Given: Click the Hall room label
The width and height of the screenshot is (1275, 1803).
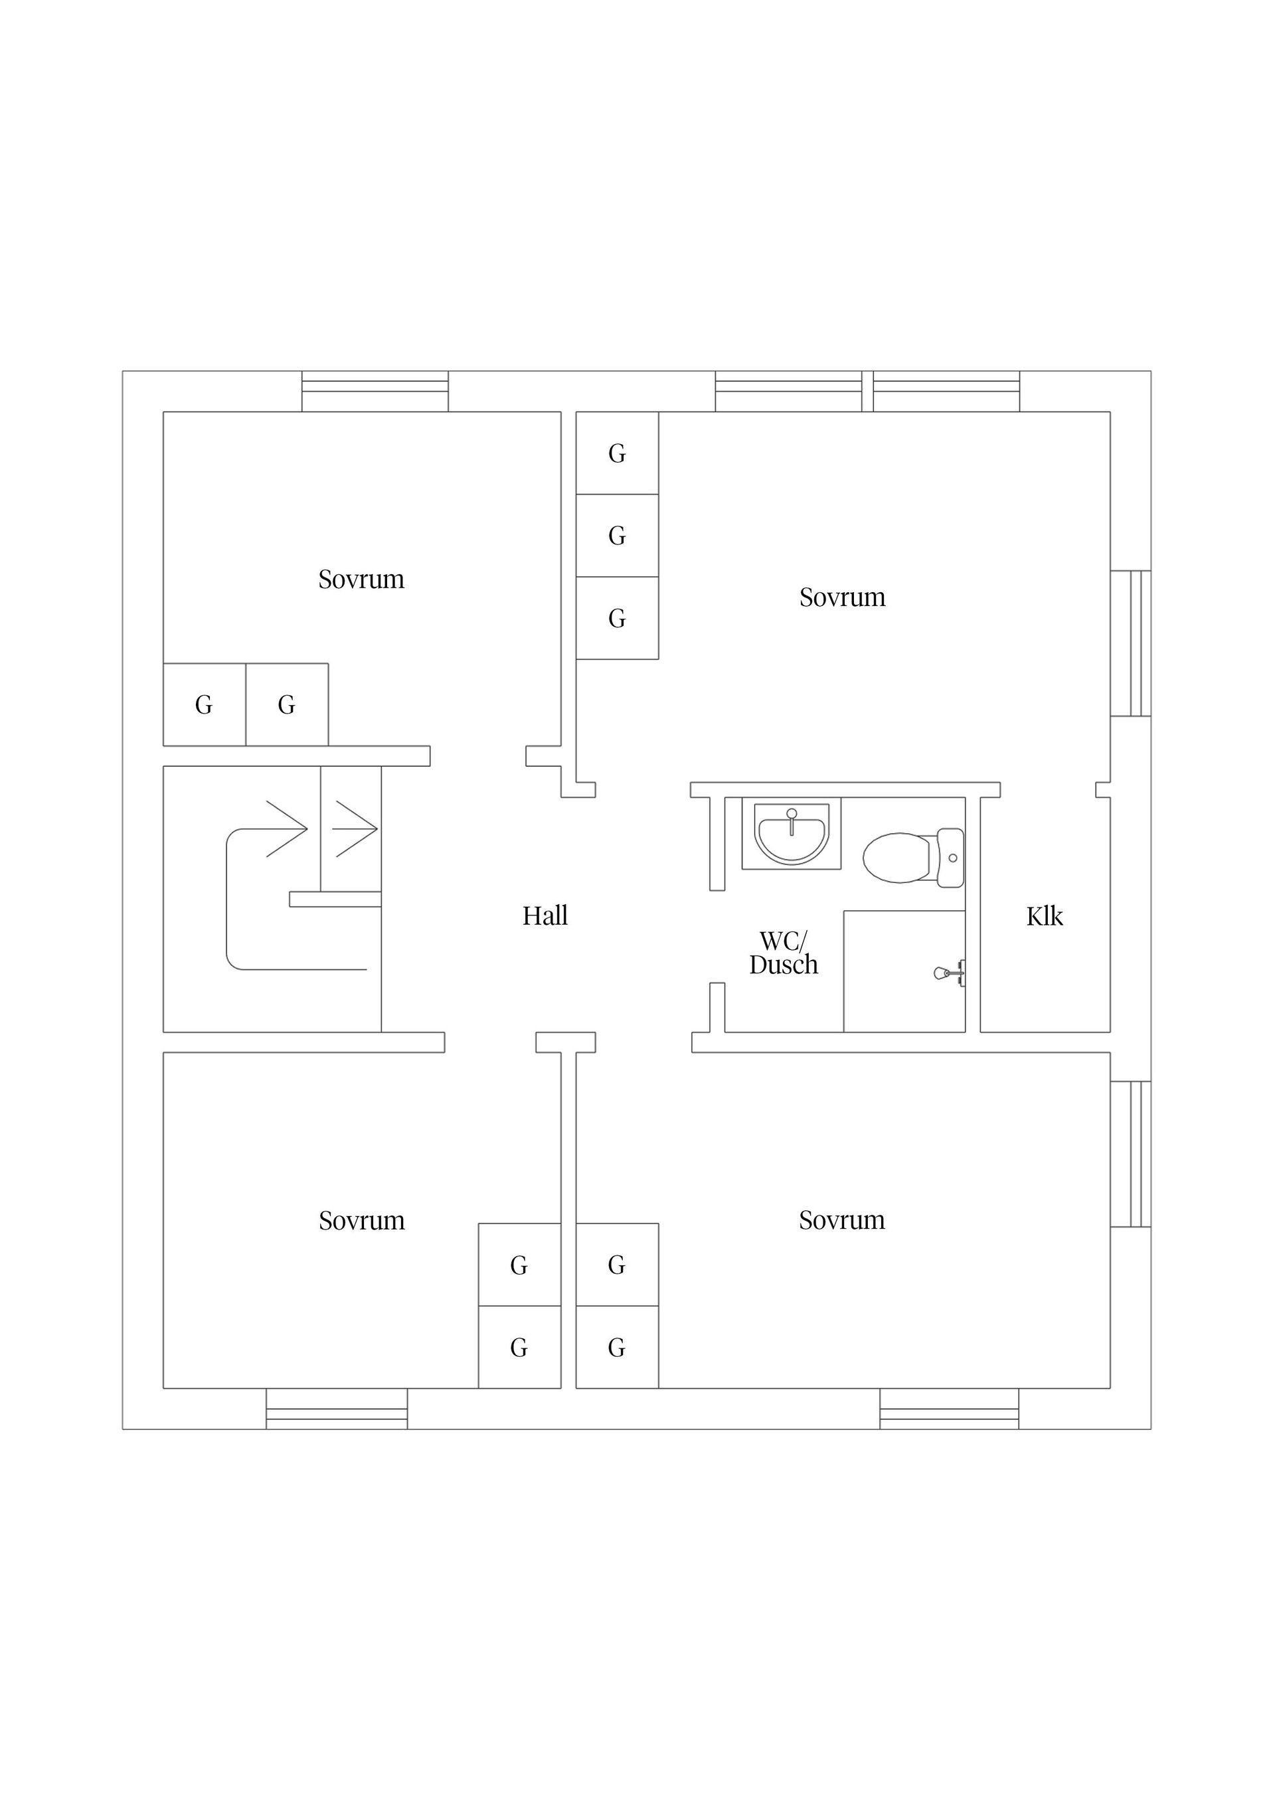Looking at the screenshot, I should click(545, 915).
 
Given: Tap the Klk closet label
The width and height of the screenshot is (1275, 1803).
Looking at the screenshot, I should click(1044, 916).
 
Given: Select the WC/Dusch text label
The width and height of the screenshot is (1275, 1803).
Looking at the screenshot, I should click(783, 953).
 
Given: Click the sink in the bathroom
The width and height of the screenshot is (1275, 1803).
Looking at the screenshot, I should click(791, 833).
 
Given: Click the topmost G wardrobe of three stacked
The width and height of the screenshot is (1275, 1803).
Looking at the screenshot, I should click(617, 453).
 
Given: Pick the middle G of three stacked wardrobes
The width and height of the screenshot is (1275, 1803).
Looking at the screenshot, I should click(617, 536).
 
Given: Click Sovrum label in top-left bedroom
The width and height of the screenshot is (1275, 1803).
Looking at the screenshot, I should click(361, 580).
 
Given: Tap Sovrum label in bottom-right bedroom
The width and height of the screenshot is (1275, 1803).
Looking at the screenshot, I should click(841, 1220).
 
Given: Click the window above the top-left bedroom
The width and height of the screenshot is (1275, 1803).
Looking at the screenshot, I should click(375, 390).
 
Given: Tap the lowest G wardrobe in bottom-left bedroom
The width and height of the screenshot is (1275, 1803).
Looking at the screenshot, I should click(519, 1348).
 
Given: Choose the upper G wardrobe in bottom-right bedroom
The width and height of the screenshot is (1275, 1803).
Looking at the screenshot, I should click(617, 1265).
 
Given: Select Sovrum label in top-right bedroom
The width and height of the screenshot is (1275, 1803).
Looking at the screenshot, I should click(842, 597).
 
